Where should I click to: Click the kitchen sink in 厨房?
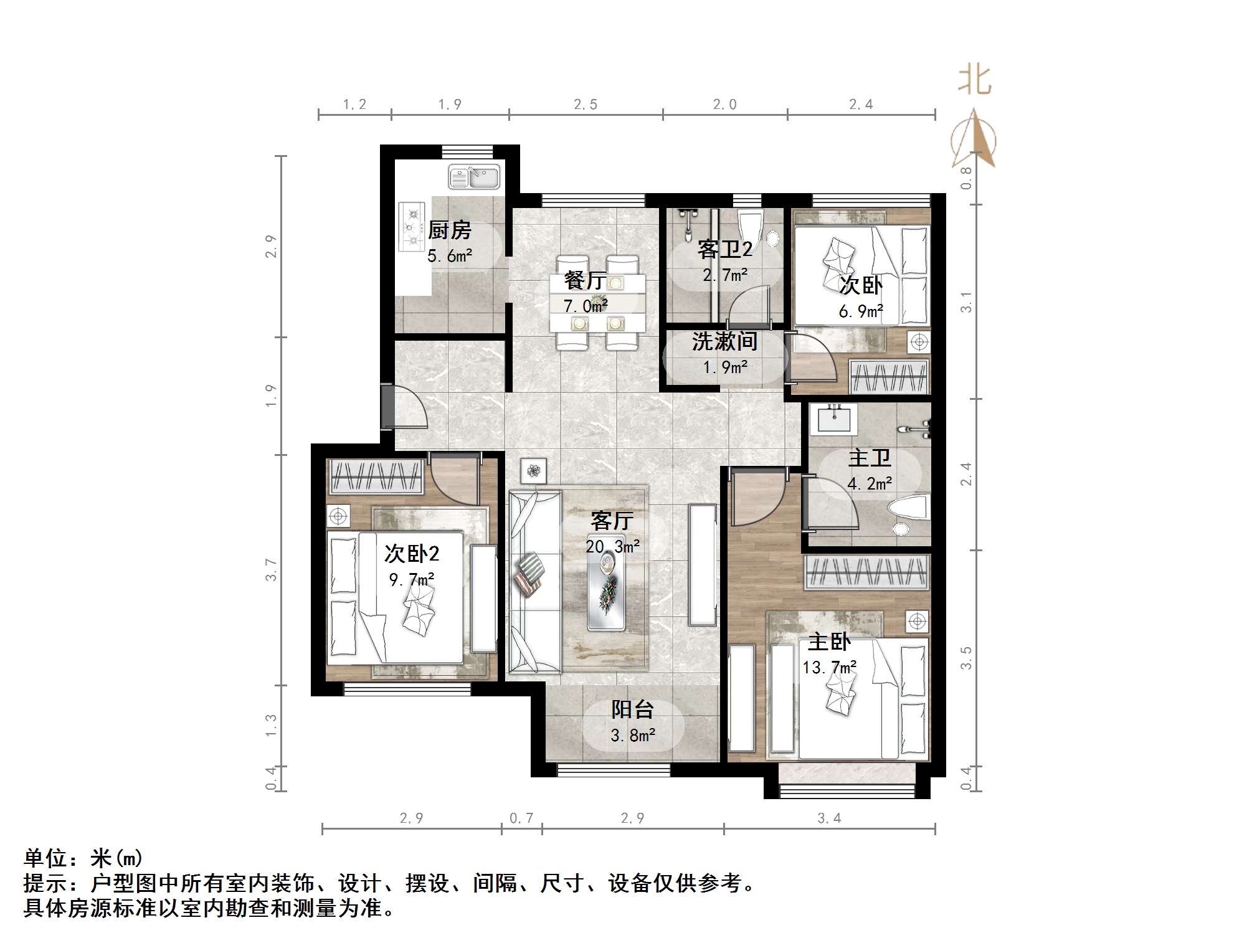click(473, 177)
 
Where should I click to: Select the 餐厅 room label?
click(584, 280)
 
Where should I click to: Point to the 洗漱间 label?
click(724, 341)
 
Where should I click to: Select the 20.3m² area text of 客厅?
click(612, 547)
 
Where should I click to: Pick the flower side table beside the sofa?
click(533, 471)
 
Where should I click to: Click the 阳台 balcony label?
click(632, 709)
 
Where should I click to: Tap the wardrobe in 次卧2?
click(376, 476)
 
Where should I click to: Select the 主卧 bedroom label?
click(829, 642)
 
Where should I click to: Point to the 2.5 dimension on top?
click(586, 105)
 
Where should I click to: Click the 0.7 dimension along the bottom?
click(521, 818)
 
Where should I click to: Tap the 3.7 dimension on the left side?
click(270, 569)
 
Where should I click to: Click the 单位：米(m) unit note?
click(83, 858)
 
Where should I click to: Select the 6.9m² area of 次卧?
click(860, 311)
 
